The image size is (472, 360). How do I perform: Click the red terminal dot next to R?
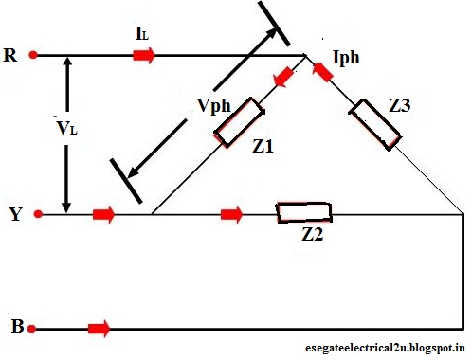(x=34, y=56)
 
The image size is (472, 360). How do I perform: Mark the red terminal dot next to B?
(x=33, y=329)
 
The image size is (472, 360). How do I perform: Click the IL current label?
(x=143, y=35)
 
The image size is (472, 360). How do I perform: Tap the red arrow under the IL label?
(x=144, y=56)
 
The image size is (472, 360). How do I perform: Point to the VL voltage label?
(x=65, y=124)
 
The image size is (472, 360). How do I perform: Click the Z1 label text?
(x=263, y=147)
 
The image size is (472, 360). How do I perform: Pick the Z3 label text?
(x=398, y=105)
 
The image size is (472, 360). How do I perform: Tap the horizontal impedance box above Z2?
(x=302, y=212)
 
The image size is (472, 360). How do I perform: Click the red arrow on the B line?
(x=99, y=329)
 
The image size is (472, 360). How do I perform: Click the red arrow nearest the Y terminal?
(x=104, y=215)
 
